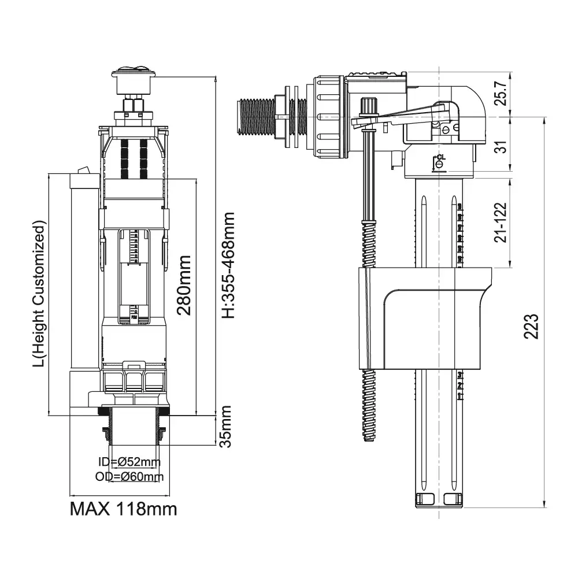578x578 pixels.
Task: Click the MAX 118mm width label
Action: click(123, 509)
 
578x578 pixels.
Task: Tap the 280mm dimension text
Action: click(185, 286)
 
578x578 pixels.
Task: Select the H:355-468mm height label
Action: click(229, 265)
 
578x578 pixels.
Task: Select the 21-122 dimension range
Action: click(502, 222)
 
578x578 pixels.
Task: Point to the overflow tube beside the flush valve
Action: click(81, 272)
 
